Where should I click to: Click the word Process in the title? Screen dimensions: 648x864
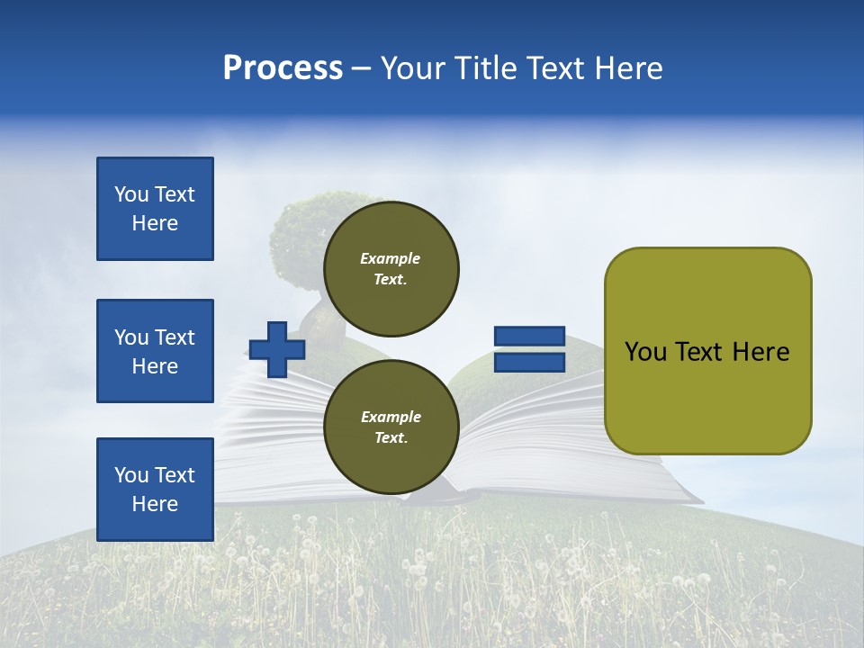point(283,68)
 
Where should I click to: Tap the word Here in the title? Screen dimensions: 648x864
point(627,68)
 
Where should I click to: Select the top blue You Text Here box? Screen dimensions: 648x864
point(155,209)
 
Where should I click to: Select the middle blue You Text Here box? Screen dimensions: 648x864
point(155,351)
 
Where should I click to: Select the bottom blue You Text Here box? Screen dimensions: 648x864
point(155,490)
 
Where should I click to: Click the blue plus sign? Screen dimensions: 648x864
point(277,349)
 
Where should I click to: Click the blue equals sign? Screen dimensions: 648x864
point(529,349)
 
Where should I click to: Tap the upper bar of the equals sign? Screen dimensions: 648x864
point(529,336)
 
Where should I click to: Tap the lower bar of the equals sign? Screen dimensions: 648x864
point(529,363)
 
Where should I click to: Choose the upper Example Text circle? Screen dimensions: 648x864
point(391,268)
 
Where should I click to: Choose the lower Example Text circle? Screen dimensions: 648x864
point(391,427)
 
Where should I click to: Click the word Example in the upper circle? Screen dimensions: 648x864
point(391,258)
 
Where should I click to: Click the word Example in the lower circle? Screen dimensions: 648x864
point(391,417)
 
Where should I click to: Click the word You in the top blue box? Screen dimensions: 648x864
point(131,194)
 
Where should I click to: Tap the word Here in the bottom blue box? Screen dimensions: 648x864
point(155,504)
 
